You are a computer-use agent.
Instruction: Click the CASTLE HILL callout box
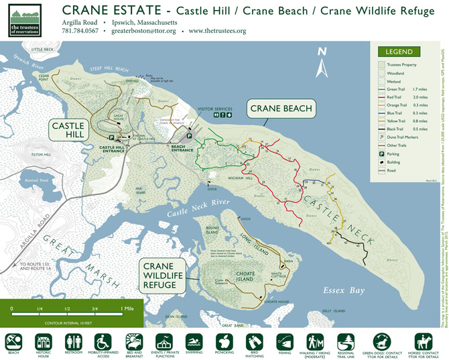point(68,131)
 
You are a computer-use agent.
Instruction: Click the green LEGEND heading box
point(400,52)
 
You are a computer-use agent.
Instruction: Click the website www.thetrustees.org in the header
point(217,31)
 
